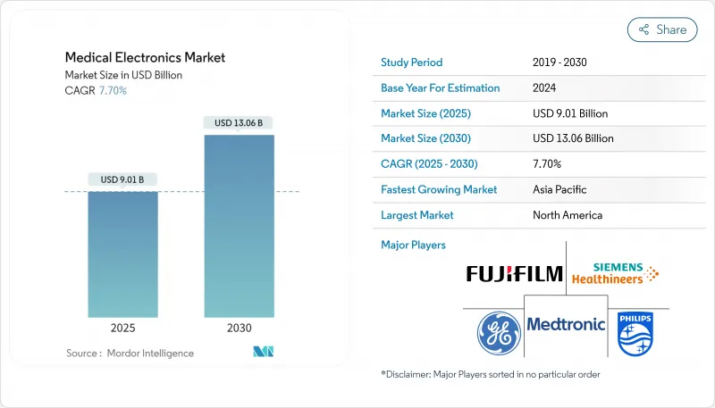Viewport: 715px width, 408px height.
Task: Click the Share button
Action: [662, 29]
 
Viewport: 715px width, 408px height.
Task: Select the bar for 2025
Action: [123, 254]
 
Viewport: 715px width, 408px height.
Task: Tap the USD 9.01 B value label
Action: [123, 179]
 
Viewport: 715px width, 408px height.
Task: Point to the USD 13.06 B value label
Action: [239, 122]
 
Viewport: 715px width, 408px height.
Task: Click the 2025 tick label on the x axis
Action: [123, 328]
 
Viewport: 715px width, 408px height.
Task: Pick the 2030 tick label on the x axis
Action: [239, 328]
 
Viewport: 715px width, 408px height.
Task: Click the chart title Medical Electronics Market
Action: [145, 57]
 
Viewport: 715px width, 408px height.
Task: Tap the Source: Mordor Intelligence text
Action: [130, 354]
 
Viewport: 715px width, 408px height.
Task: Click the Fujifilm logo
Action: [514, 273]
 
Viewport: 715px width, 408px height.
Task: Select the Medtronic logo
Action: [566, 323]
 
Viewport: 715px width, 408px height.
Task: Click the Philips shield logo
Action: [635, 333]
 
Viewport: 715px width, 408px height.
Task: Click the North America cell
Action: [567, 215]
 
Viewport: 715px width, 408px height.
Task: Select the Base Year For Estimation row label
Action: [441, 88]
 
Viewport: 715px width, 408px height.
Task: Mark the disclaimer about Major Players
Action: [490, 375]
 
